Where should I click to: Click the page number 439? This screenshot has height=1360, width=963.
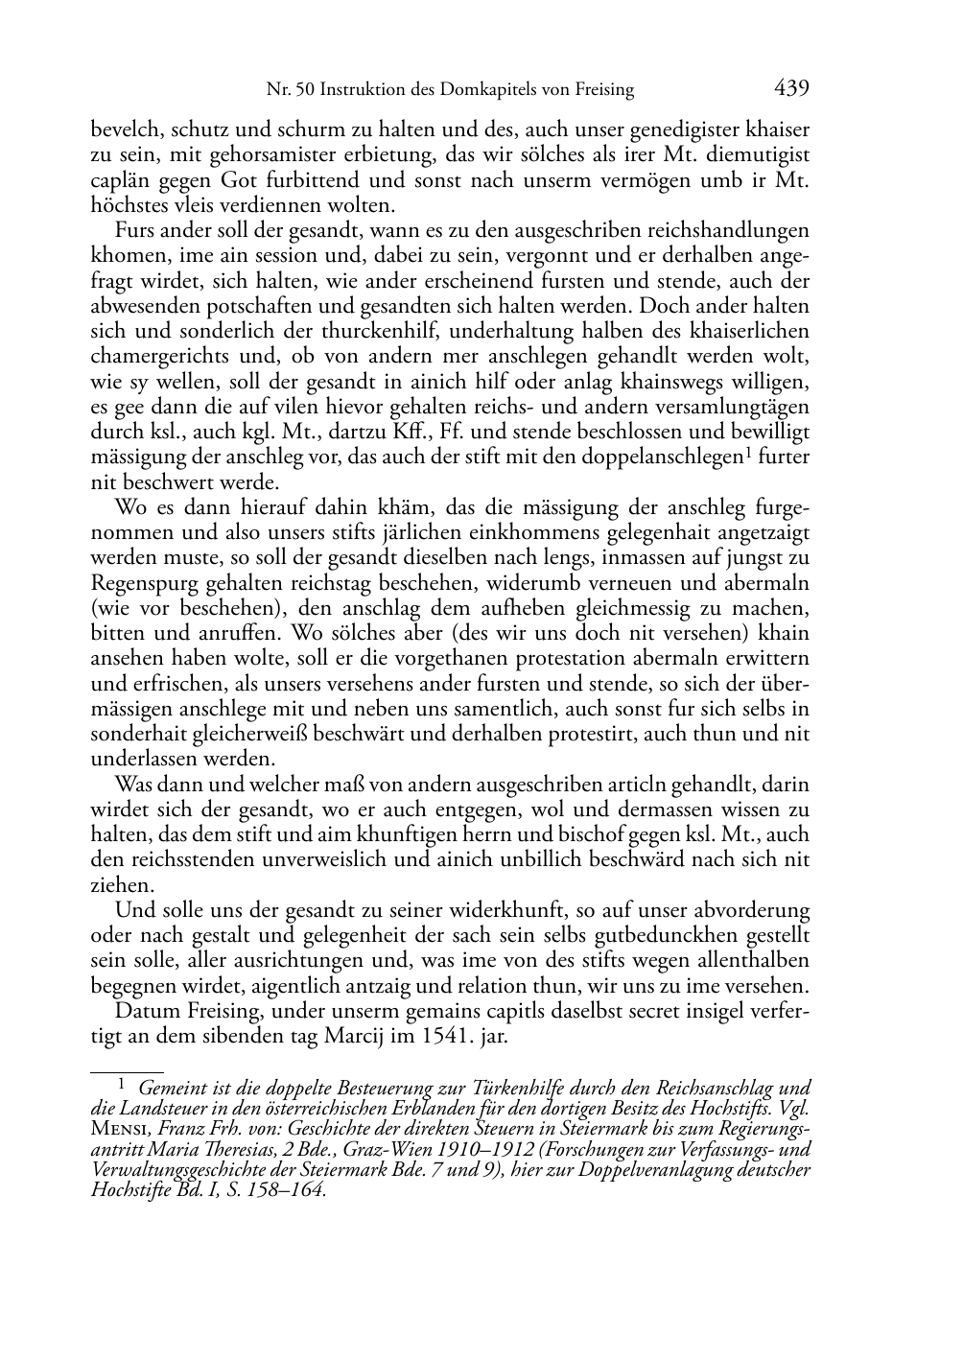tap(791, 88)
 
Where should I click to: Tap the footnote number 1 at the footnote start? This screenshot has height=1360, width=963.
tap(121, 1085)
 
